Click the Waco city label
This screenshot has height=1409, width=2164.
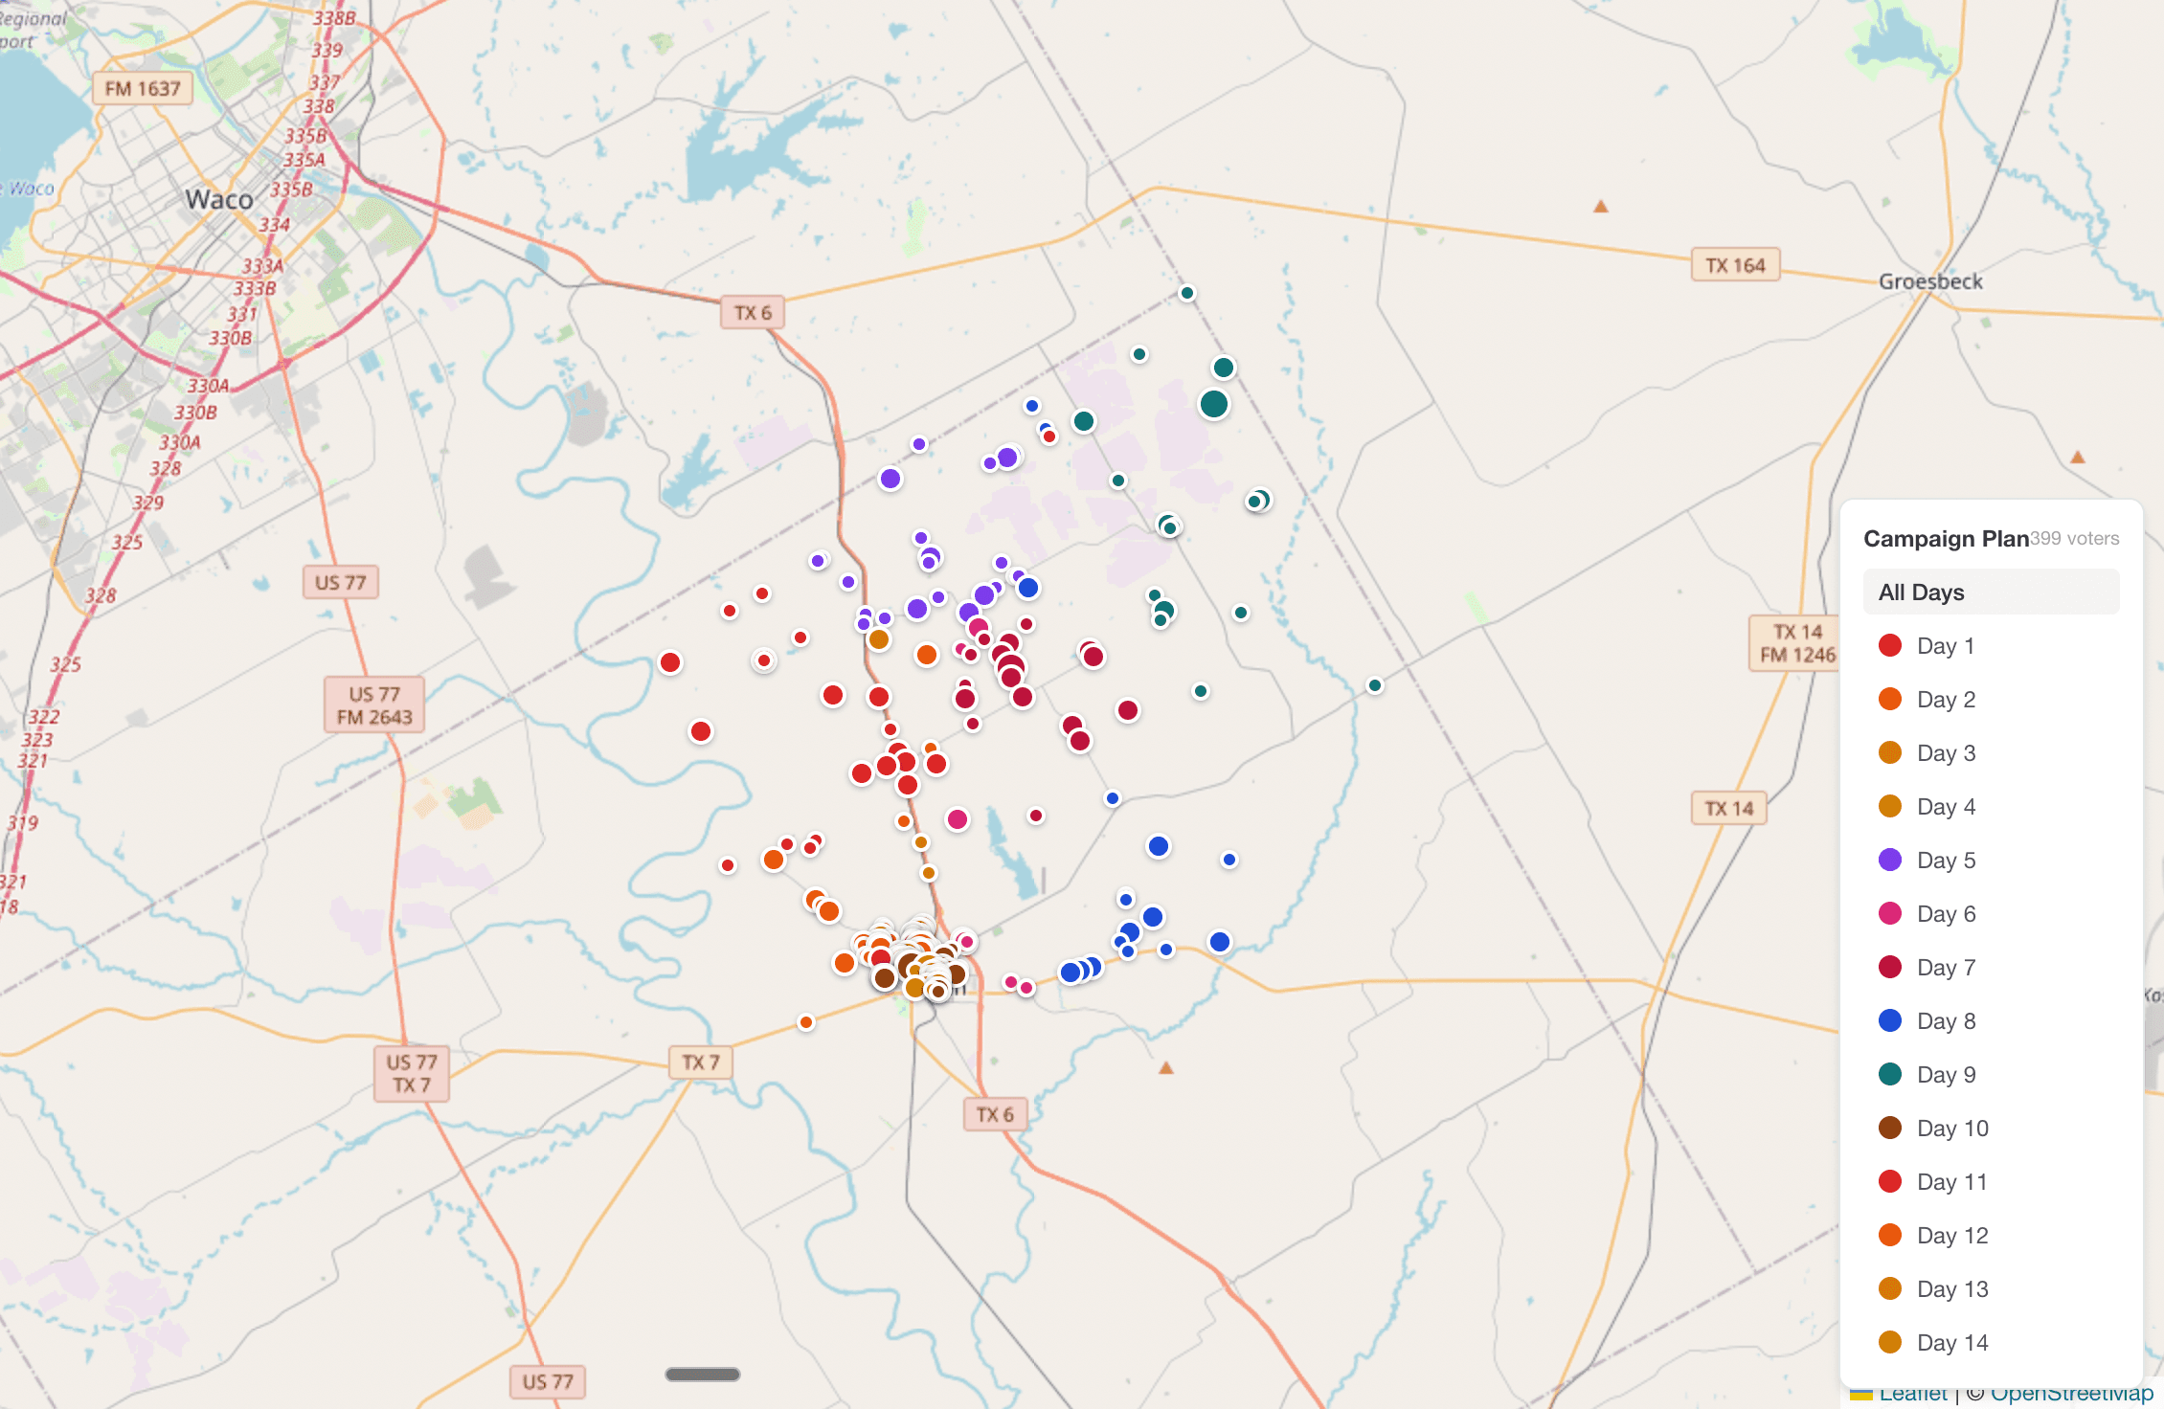[x=219, y=199]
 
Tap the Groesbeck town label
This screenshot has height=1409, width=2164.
[x=1929, y=281]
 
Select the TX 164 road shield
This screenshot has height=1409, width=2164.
[x=1735, y=265]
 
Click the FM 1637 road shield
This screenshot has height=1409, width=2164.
[x=143, y=89]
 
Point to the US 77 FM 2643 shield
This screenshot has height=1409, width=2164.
[x=374, y=705]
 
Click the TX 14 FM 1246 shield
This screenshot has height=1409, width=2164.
[x=1796, y=643]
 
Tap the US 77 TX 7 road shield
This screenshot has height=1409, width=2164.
[x=412, y=1073]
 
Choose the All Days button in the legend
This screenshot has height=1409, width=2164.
[x=1991, y=593]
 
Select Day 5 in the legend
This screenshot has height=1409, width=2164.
[x=1945, y=861]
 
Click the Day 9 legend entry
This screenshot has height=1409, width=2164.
[x=1945, y=1075]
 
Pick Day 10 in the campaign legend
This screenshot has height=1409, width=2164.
[x=1951, y=1129]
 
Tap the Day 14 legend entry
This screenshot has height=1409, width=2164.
[x=1951, y=1343]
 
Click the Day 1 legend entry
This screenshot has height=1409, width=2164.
[x=1945, y=646]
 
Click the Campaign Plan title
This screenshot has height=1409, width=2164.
[x=1945, y=539]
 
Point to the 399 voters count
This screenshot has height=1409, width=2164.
[x=2075, y=539]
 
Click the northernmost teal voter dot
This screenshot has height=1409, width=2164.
[x=1187, y=293]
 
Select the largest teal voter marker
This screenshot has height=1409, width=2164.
[x=1214, y=404]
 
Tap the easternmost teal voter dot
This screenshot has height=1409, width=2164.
[x=1375, y=685]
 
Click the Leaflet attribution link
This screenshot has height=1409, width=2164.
[x=1912, y=1395]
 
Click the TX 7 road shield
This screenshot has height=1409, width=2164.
[x=701, y=1062]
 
